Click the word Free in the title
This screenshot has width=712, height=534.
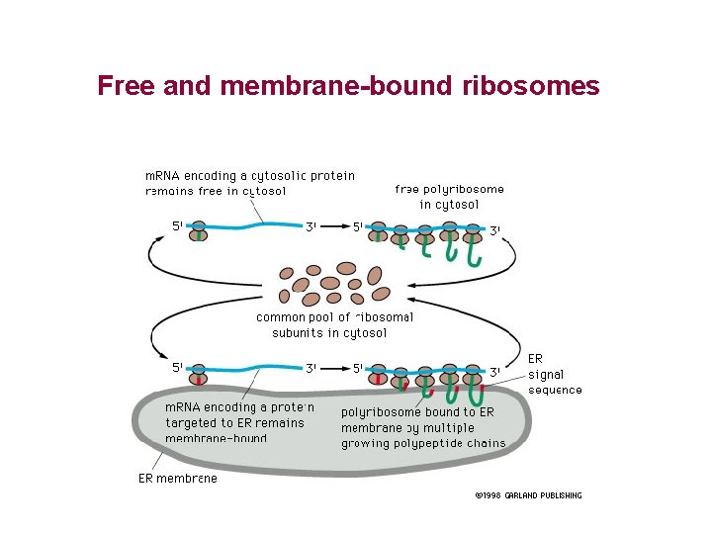tap(126, 86)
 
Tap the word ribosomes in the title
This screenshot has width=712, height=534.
tap(530, 86)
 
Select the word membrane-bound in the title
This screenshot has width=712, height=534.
tap(337, 86)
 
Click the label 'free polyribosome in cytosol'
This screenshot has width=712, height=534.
tap(449, 196)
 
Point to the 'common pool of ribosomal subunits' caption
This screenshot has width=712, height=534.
tap(333, 324)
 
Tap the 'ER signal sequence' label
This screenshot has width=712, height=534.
tap(554, 374)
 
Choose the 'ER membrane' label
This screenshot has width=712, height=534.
tap(177, 479)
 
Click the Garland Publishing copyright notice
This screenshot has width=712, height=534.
tap(527, 495)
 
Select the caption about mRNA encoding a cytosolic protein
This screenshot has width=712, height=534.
tap(249, 183)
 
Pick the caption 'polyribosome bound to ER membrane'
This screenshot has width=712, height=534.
tap(422, 427)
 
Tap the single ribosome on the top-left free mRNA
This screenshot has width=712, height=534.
tap(199, 231)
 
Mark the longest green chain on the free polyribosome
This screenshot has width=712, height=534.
tap(474, 253)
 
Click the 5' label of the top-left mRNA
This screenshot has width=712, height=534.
tap(177, 225)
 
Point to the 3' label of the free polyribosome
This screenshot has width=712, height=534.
tap(495, 230)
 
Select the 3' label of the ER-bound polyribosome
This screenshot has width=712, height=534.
tap(495, 372)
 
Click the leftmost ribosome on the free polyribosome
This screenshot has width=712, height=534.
tap(378, 231)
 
